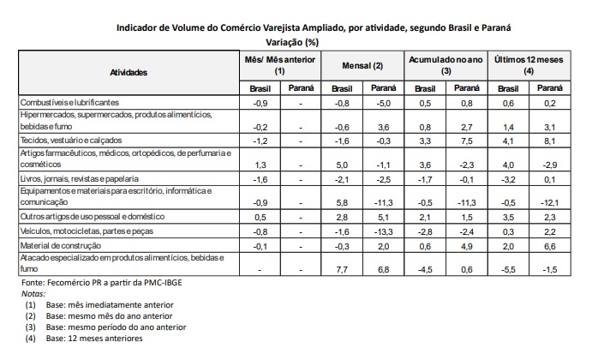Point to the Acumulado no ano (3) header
(x=446, y=66)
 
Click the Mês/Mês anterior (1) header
(x=279, y=66)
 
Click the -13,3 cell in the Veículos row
(x=384, y=231)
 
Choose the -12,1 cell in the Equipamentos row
(x=550, y=203)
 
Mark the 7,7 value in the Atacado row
(x=342, y=269)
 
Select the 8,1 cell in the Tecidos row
(x=551, y=139)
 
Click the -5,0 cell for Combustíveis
(x=384, y=103)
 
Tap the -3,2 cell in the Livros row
(x=508, y=180)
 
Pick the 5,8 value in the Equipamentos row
(x=342, y=203)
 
